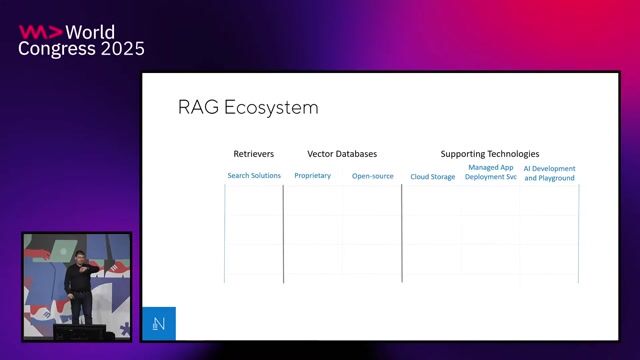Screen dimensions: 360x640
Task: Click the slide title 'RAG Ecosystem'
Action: (247, 106)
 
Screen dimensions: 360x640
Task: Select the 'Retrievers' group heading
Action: (253, 154)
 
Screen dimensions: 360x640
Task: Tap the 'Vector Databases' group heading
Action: (342, 154)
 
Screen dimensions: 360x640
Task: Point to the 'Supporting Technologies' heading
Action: (490, 154)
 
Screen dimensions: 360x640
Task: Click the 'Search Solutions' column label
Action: (254, 176)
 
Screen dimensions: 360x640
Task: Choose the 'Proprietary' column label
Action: (312, 176)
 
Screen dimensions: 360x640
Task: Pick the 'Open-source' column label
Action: (372, 176)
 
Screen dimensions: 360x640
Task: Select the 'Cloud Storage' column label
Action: (432, 177)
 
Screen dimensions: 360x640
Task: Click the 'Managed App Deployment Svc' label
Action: (490, 172)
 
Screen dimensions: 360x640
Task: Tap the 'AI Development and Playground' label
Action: (550, 173)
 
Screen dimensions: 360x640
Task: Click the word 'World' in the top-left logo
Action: (87, 32)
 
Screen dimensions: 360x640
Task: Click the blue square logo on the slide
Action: (159, 323)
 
